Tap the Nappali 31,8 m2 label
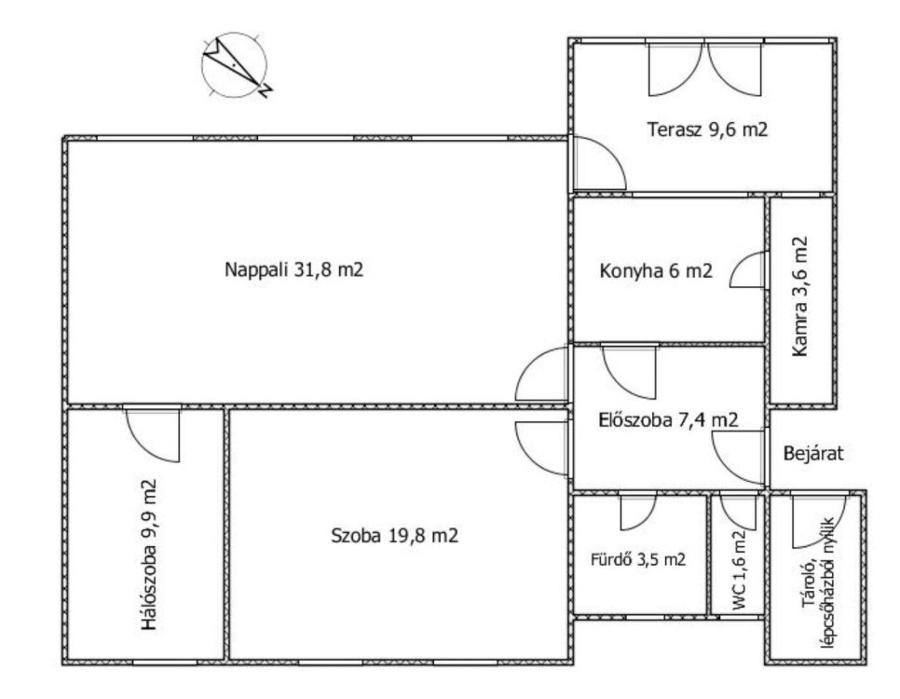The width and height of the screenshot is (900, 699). click(x=293, y=269)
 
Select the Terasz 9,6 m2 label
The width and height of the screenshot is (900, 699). click(x=707, y=130)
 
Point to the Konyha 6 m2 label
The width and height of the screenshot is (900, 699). click(x=656, y=270)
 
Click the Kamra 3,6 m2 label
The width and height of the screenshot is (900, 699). click(x=799, y=296)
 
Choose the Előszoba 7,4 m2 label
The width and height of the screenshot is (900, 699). click(x=668, y=419)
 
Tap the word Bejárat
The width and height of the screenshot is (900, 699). click(x=814, y=454)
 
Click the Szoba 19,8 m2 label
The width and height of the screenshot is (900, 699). click(x=395, y=536)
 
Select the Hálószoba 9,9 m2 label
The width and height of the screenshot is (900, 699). click(x=149, y=555)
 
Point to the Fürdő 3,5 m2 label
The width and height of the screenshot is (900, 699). click(x=638, y=559)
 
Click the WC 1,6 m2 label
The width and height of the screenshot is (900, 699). click(x=740, y=570)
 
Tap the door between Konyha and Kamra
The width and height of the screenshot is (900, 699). click(x=748, y=269)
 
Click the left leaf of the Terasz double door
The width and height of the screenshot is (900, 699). click(x=675, y=69)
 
